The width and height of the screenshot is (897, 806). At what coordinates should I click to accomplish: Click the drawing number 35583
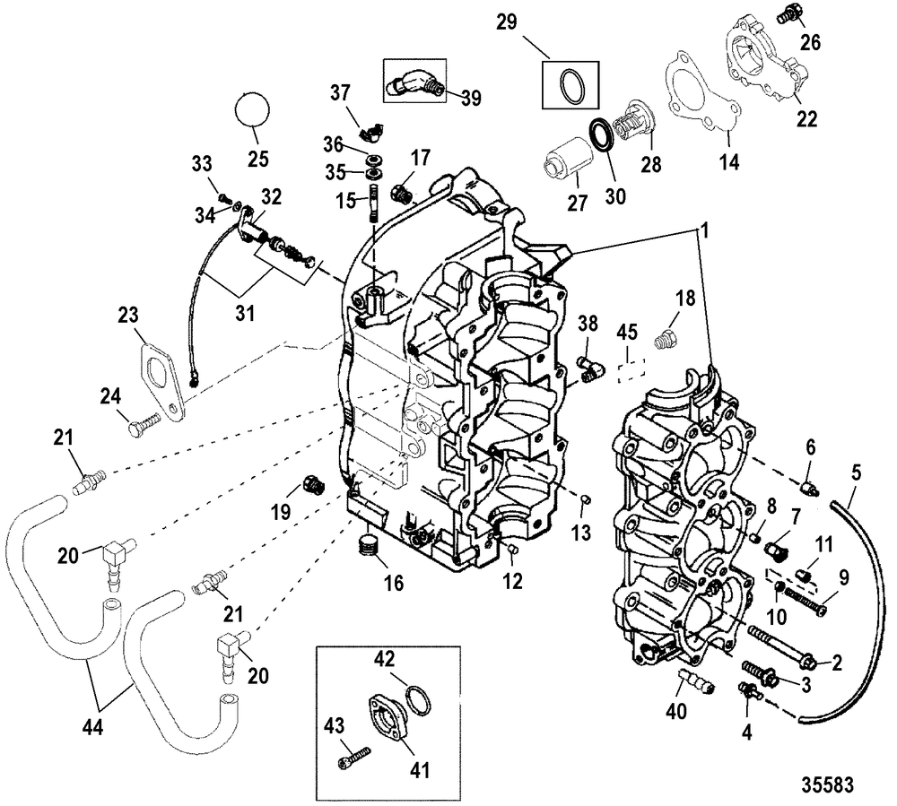tap(827, 784)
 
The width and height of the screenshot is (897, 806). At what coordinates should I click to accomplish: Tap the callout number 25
tap(257, 159)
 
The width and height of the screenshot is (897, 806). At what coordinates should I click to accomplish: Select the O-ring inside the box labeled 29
tap(571, 85)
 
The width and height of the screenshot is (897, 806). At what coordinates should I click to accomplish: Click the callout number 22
tap(807, 118)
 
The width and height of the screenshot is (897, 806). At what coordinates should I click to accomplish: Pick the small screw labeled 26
tap(788, 15)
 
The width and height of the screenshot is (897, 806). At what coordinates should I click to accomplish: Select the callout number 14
tap(728, 162)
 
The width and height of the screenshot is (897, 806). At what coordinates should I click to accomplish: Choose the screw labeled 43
tap(353, 757)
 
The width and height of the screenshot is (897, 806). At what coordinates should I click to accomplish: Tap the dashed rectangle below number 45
tap(631, 371)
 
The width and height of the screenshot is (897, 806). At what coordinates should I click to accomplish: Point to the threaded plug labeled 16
tap(368, 547)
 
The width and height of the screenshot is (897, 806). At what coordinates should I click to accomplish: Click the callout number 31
tap(245, 313)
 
